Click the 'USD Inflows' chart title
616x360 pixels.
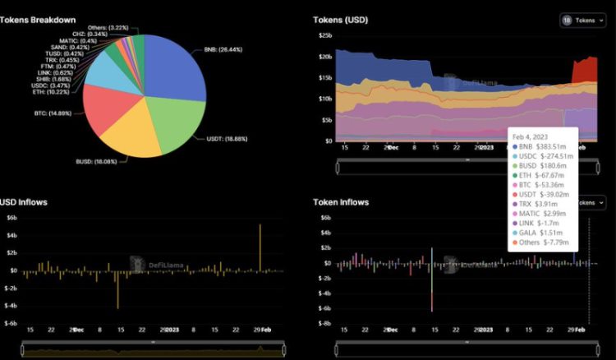25,201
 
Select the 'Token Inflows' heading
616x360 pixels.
341,201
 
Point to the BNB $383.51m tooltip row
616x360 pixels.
542,149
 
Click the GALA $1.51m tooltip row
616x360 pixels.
538,233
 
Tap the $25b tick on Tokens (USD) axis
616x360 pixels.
325,35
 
